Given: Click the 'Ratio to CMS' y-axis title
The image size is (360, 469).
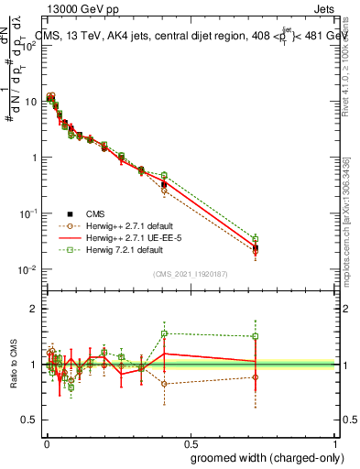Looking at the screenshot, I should (15, 365).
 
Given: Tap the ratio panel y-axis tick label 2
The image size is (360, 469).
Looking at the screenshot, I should (34, 309).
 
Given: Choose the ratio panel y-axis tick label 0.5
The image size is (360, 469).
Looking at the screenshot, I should (30, 420).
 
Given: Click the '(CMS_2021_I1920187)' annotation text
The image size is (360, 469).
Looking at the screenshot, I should (191, 273).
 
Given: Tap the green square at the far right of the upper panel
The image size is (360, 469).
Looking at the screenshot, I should (256, 239).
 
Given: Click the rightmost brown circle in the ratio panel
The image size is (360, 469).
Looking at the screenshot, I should (256, 377).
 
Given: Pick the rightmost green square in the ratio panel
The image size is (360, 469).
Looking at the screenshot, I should (256, 336).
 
